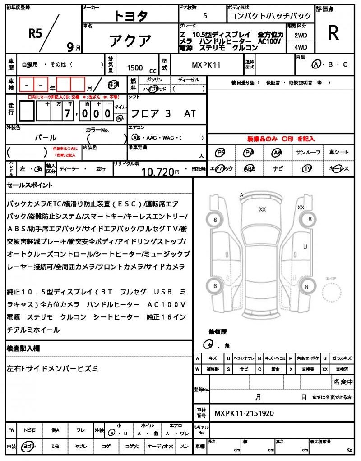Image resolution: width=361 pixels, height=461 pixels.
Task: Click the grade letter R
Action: [333, 32]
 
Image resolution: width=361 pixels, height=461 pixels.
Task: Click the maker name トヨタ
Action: [130, 16]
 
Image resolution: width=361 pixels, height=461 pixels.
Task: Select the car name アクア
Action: [130, 41]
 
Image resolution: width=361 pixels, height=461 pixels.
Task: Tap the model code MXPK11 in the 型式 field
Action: [206, 65]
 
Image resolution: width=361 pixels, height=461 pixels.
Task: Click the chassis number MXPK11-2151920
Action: [244, 413]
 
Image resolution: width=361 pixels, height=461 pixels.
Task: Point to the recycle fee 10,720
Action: [157, 171]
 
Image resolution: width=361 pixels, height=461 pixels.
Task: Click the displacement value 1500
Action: [135, 68]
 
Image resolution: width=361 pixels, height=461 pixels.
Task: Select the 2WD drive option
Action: [301, 35]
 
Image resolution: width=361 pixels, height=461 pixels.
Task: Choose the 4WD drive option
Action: [301, 46]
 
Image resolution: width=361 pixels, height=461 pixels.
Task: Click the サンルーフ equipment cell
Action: [308, 152]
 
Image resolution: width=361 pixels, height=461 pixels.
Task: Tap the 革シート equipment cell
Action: [339, 152]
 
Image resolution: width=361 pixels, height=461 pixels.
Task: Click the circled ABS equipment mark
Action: [250, 168]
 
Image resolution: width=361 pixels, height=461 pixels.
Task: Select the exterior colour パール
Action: [46, 138]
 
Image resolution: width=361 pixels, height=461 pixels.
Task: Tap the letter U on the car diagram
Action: [305, 247]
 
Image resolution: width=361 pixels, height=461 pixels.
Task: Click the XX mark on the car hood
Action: [262, 209]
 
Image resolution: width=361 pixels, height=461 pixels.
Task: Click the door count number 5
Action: [205, 16]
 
